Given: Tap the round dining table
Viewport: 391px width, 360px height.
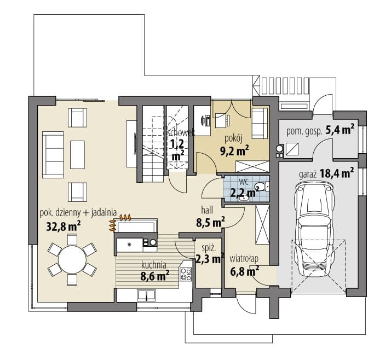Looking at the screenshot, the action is point(72,259).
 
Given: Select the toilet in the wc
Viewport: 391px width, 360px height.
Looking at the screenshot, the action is point(261,187).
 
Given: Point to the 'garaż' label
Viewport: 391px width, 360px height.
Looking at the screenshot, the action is point(308,175).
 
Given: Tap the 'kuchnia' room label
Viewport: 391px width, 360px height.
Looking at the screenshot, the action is point(153,265).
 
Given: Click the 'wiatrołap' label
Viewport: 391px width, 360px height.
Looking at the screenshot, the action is point(244,258).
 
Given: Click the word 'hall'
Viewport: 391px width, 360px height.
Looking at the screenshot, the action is point(207,210).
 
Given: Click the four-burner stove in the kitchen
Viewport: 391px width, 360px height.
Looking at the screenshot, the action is point(186,274).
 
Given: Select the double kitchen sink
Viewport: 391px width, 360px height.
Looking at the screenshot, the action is point(146,295).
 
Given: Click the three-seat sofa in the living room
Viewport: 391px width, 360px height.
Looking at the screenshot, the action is point(53,155).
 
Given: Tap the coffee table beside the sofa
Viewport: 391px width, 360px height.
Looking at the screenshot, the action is point(77,154).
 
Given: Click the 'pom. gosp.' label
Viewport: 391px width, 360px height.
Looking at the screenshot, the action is point(304,131).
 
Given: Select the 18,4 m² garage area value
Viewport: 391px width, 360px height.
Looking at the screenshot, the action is point(337,173).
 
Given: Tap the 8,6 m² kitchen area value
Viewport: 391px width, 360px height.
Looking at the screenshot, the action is point(155,276).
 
